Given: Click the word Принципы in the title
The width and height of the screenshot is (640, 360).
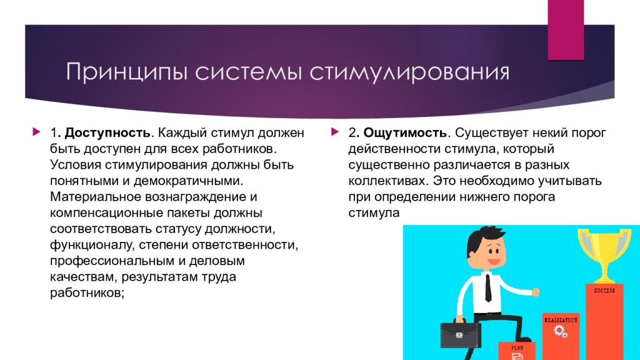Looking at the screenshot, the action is (127, 72).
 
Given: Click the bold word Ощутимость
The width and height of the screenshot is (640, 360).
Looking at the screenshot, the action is (405, 132).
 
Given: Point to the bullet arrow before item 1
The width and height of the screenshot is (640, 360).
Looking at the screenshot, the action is (36, 131).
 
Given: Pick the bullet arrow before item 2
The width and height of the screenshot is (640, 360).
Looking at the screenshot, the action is (335, 131).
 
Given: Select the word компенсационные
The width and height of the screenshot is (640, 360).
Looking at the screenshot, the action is (107, 212).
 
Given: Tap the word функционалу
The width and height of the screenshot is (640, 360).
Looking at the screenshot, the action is (92, 245).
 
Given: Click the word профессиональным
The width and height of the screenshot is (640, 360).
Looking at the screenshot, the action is (112, 261).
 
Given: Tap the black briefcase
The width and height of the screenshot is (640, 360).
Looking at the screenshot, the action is (460, 333).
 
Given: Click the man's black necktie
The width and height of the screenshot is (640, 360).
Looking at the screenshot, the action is (488, 287).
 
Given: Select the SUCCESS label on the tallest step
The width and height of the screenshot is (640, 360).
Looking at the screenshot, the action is (604, 291).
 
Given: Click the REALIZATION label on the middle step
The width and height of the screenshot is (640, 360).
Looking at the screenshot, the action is (561, 321).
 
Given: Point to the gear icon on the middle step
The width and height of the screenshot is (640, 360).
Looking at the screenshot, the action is (561, 331).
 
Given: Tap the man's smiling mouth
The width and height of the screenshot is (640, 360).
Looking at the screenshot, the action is (494, 261).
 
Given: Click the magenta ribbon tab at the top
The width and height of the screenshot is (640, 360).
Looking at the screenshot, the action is (566, 30).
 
